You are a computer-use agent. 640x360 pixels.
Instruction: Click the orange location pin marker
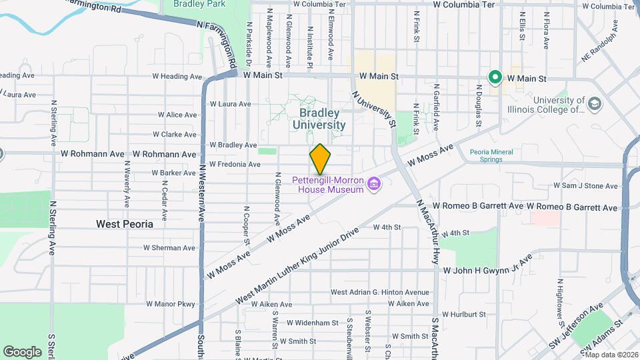click(x=320, y=159)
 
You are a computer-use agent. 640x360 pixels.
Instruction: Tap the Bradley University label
click(x=319, y=119)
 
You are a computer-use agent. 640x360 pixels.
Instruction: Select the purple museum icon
click(x=374, y=183)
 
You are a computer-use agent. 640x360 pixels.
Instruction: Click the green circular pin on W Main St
click(x=495, y=78)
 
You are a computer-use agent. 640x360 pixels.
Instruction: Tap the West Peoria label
click(x=124, y=224)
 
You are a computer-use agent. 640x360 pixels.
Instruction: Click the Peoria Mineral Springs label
click(x=491, y=155)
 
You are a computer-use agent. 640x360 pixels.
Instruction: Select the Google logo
click(x=22, y=351)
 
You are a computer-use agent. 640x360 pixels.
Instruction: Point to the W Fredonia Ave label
click(x=234, y=164)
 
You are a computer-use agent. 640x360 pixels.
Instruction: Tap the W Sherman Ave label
click(x=169, y=247)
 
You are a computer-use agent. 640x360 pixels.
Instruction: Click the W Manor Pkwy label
click(x=169, y=305)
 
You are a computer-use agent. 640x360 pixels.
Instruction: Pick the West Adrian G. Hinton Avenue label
click(x=380, y=292)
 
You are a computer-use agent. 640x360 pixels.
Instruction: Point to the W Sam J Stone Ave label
click(x=585, y=186)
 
